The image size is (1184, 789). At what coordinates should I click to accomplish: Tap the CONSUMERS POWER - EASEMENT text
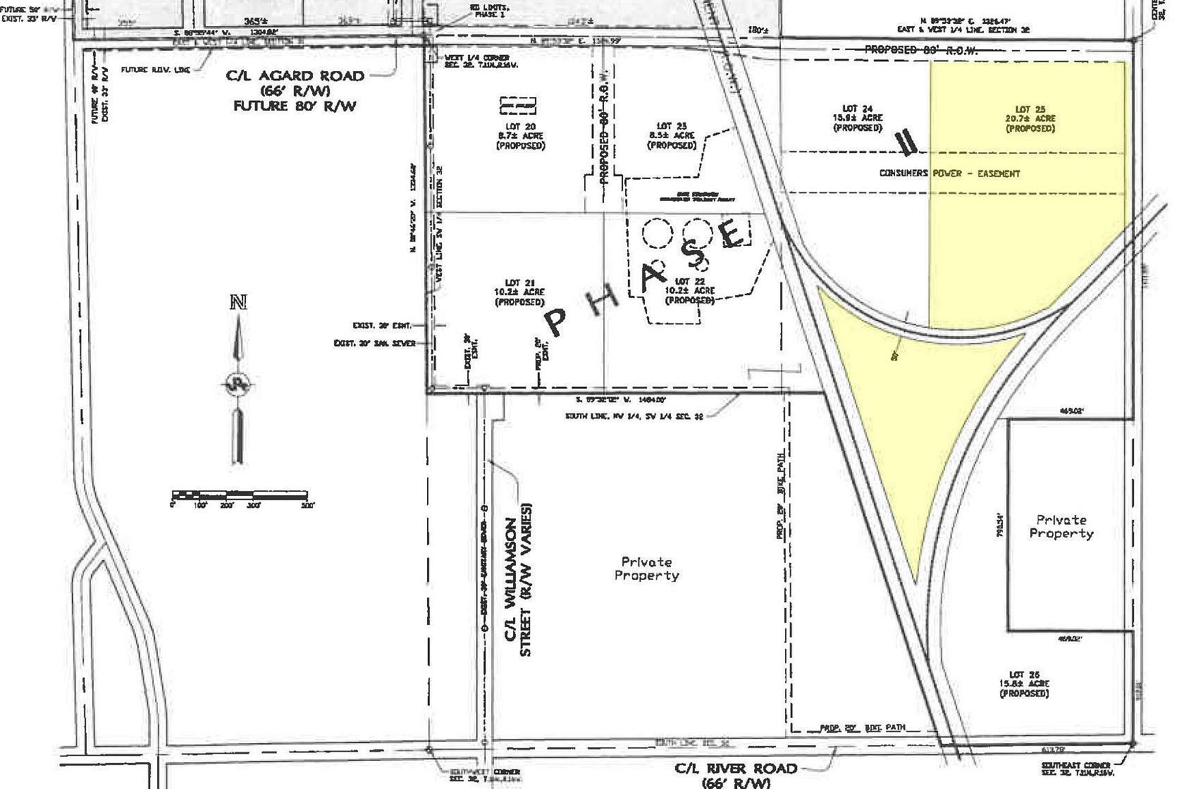[949, 173]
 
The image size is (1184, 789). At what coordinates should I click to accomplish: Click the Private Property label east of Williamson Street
[646, 569]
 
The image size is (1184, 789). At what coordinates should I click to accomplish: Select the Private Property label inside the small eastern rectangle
[1061, 526]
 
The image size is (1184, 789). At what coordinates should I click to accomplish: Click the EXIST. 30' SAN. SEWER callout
[374, 344]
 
